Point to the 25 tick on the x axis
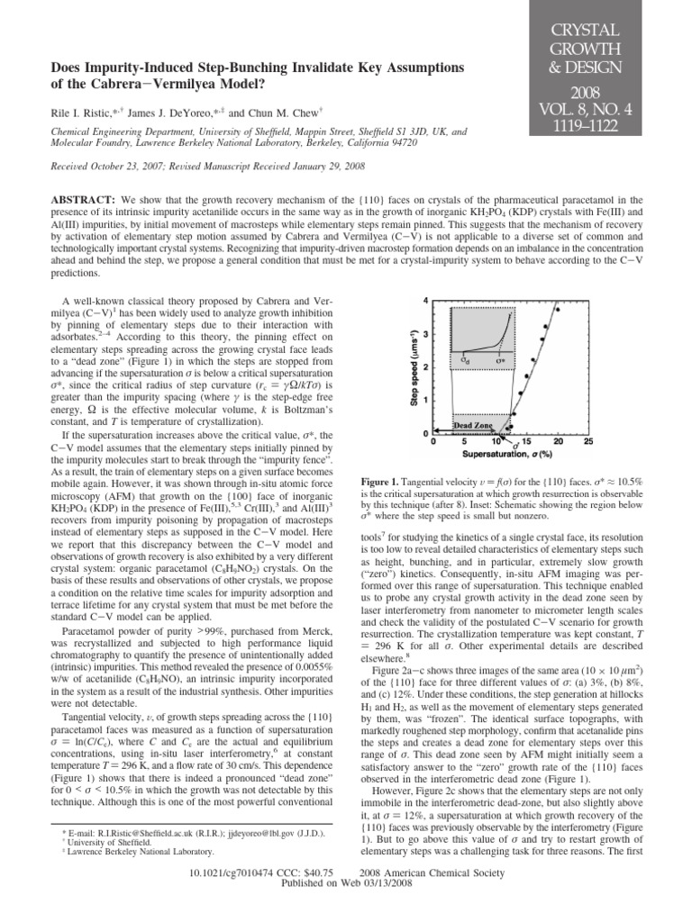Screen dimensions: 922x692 [588, 442]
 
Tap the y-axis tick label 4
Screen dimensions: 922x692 [426, 299]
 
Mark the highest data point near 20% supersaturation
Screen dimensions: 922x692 [558, 310]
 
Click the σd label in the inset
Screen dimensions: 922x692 [465, 360]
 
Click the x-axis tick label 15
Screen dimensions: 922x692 [527, 442]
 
